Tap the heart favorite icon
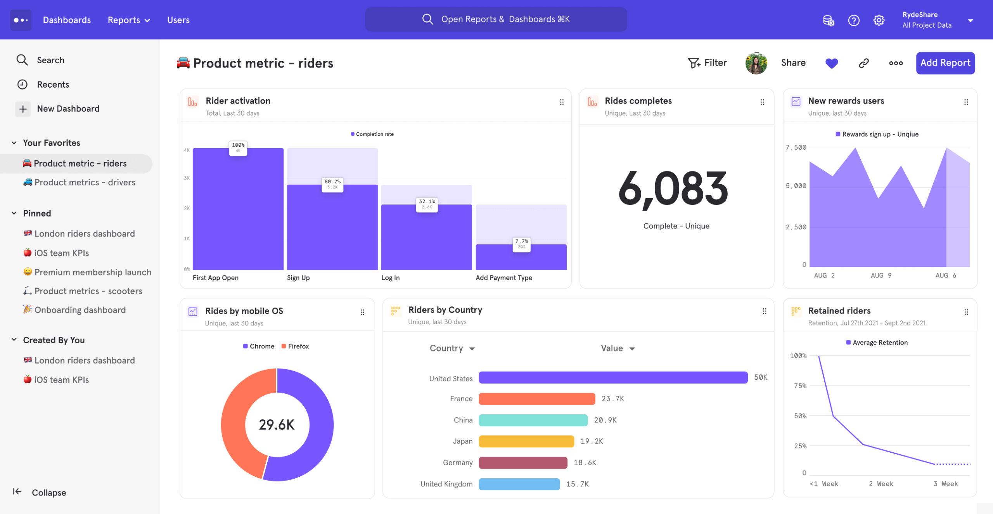(831, 63)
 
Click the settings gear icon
(879, 20)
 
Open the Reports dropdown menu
(128, 20)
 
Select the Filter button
(707, 63)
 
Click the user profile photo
(756, 63)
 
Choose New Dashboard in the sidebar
(68, 109)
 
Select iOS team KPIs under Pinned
(61, 253)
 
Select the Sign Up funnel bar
(332, 227)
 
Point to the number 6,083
(673, 189)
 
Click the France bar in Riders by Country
(536, 399)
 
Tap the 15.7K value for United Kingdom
(577, 484)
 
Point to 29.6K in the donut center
(277, 425)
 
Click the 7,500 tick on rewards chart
(796, 147)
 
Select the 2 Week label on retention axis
(881, 484)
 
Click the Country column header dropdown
(452, 348)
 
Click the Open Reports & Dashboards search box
(496, 19)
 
